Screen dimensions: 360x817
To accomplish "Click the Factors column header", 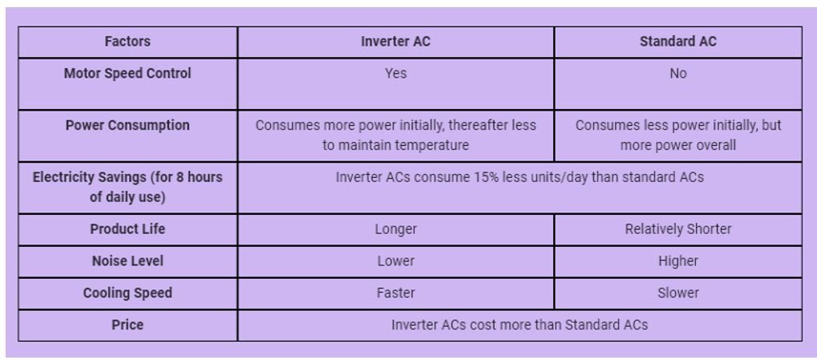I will pos(127,42).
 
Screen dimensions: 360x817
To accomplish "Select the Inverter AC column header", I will pos(395,42).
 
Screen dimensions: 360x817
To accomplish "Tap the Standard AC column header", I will pos(677,42).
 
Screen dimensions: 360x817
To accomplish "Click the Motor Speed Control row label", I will pos(127,74).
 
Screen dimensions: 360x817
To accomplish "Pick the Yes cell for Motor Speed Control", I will pos(395,74).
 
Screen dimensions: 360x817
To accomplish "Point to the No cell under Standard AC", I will pos(677,74).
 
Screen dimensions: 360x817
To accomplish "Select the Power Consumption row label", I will pos(127,126).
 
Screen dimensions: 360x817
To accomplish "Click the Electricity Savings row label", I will pos(127,186).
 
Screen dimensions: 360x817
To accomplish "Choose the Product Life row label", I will pos(127,229).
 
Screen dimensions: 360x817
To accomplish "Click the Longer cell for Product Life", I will pos(395,229).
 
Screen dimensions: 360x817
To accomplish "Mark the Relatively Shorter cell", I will pos(677,229).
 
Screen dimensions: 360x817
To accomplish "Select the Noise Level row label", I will pos(127,261).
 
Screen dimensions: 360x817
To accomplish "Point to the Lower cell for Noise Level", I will pos(395,261).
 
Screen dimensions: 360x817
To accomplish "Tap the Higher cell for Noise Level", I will pos(677,261).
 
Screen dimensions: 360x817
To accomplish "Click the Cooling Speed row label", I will pos(127,293).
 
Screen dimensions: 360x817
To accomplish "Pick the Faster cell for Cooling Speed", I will pos(395,293).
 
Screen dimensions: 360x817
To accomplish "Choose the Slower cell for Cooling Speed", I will pos(677,293).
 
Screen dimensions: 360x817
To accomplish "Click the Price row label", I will pos(127,326).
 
